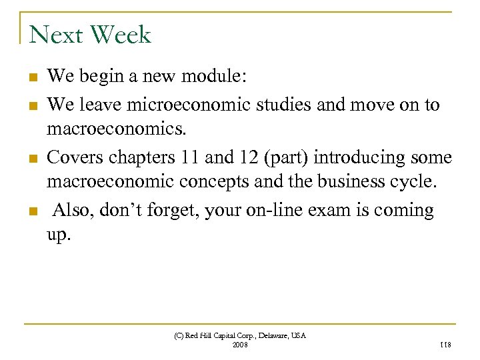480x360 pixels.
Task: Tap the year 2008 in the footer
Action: (x=239, y=345)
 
